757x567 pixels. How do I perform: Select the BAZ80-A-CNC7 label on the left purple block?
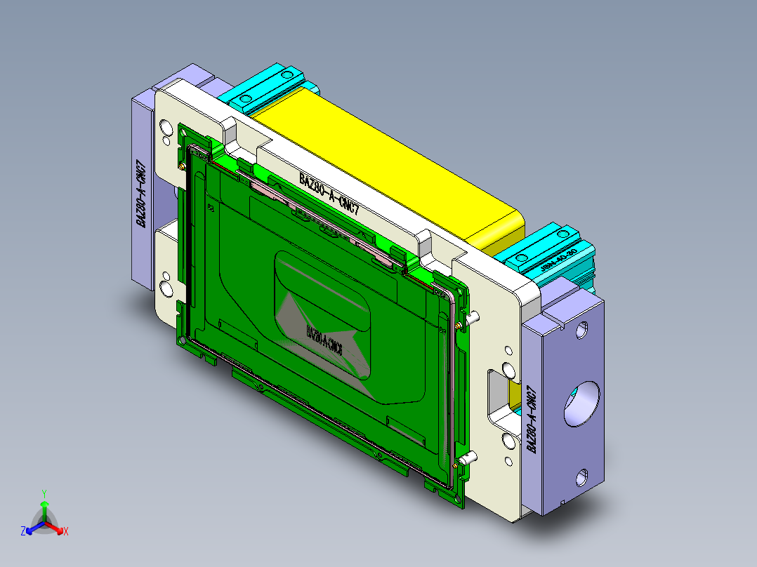[142, 194]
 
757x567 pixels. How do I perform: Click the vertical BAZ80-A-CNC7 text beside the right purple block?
[532, 419]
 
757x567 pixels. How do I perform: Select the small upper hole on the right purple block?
[581, 328]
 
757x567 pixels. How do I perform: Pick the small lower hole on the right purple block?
[583, 479]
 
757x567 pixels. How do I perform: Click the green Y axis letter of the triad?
[44, 493]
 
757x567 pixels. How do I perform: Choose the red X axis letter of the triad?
[66, 532]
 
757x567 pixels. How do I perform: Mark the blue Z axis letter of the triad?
[22, 532]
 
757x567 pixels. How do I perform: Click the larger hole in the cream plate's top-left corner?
[166, 127]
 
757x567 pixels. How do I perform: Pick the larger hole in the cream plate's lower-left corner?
[166, 288]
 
